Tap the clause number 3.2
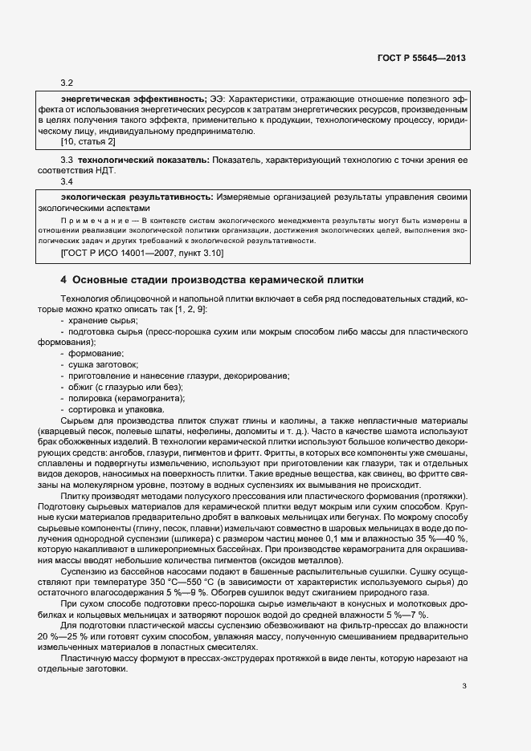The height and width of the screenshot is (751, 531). coord(67,83)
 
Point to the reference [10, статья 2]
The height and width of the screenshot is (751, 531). coord(88,142)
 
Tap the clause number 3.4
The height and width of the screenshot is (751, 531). coord(67,182)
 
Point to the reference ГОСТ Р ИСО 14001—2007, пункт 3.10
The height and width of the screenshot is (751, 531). coord(143,254)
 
